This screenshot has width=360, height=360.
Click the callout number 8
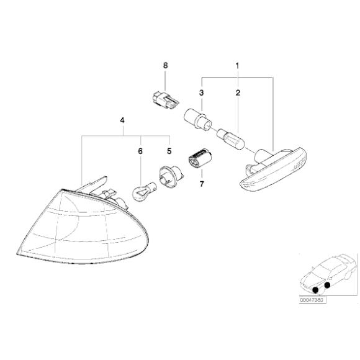point(165,66)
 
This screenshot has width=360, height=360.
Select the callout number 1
point(237,66)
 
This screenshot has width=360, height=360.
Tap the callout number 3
point(201,93)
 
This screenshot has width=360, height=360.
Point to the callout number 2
point(238,93)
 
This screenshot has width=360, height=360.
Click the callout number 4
point(122,120)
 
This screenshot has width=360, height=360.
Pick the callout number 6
point(140,151)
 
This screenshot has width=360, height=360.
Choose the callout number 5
point(169,151)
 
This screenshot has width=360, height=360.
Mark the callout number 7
point(201,184)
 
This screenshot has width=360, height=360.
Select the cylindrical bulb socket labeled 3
point(198,120)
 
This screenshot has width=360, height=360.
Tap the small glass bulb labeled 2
point(231,137)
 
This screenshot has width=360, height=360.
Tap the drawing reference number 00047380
point(312,300)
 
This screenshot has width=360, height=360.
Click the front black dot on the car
point(315,290)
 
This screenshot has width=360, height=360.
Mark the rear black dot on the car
point(327,285)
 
